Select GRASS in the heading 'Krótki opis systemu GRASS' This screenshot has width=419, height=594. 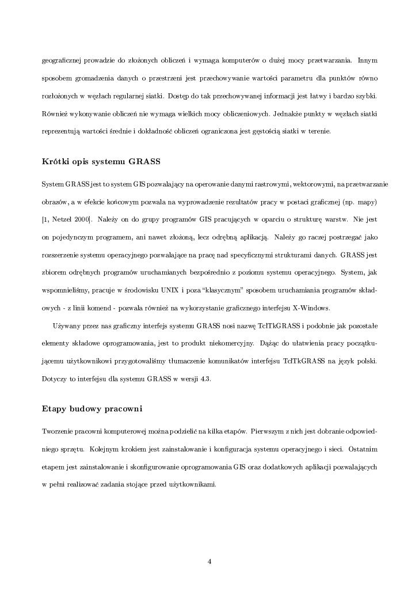click(144, 160)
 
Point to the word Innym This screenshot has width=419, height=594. click(367, 60)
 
